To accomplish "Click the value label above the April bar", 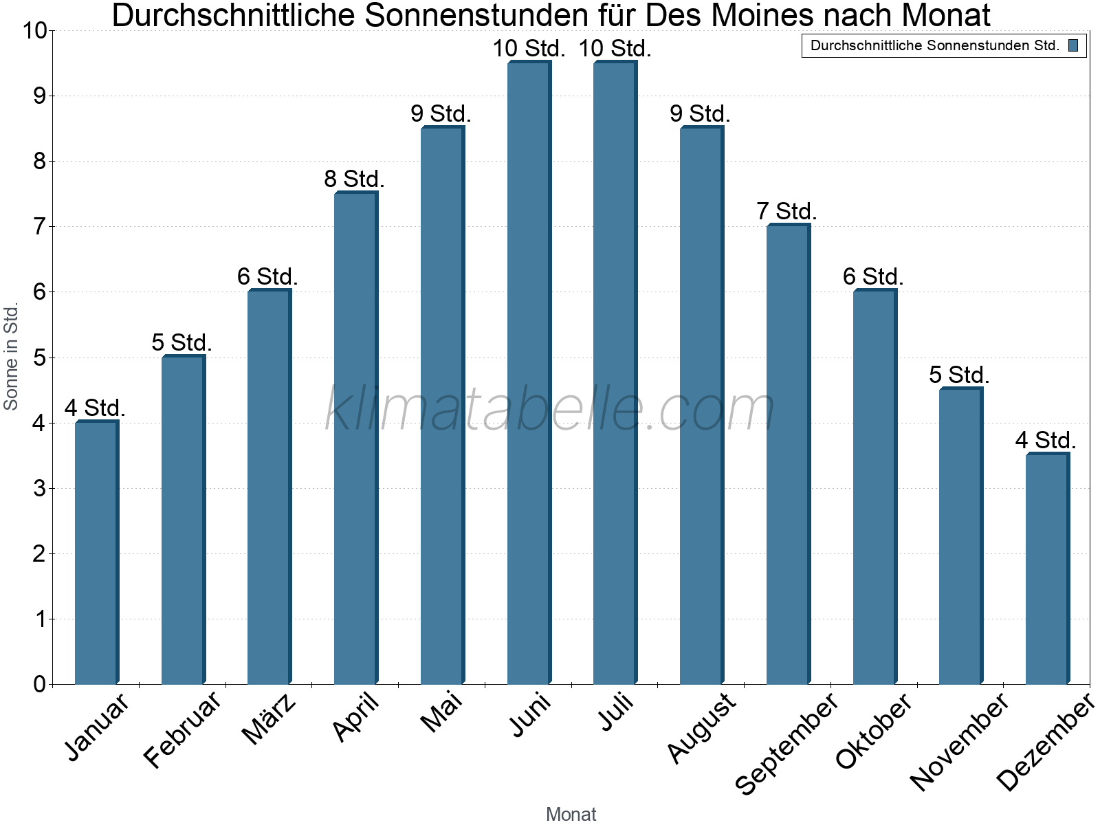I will click(354, 179).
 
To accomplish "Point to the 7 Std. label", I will click(786, 212).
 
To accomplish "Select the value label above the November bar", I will click(959, 375).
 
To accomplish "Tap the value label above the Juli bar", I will click(615, 49).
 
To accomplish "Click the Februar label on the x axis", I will click(183, 729).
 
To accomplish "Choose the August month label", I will click(701, 727).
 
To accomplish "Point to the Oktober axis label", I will click(873, 730).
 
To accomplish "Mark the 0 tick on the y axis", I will click(39, 685).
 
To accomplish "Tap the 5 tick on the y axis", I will click(39, 357).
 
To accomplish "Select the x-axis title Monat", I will click(571, 814).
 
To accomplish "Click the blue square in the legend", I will click(1073, 46).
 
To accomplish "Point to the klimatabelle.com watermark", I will click(550, 410).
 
